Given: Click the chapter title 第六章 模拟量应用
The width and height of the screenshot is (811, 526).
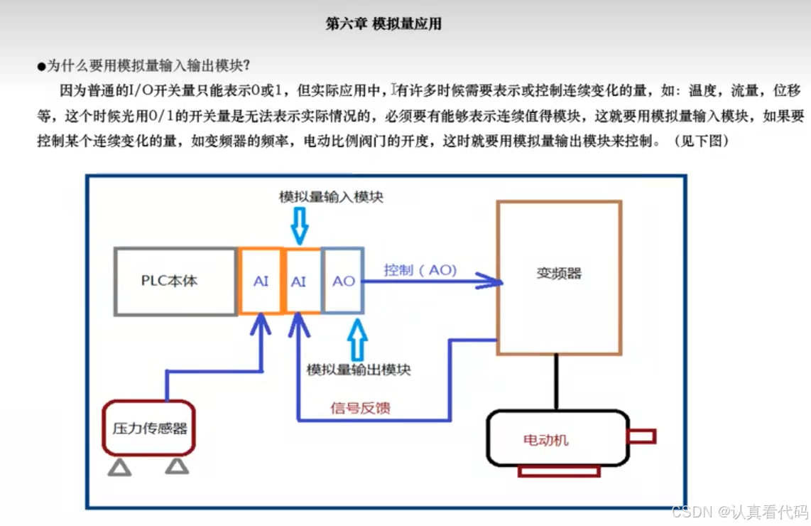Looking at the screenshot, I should (x=383, y=24).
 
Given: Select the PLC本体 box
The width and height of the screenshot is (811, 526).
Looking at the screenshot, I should (x=175, y=281).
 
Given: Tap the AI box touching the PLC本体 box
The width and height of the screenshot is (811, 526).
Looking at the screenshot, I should (x=261, y=281).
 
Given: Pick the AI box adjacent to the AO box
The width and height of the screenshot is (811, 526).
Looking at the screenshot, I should (x=299, y=281).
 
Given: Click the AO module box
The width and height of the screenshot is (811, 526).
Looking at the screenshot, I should (x=344, y=281).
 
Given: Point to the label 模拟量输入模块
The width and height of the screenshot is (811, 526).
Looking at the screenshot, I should (x=331, y=197).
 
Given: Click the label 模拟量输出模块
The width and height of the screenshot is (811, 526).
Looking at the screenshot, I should (x=358, y=370).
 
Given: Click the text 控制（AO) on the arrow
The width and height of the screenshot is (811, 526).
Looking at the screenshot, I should (x=420, y=270).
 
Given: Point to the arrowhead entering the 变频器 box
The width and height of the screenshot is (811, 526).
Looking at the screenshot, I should (x=490, y=281).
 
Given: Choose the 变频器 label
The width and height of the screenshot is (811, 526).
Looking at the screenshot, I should (x=559, y=274).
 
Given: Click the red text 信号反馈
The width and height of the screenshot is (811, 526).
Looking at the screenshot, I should (x=361, y=408).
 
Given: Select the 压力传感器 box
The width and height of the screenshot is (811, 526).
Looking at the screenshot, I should (x=150, y=428).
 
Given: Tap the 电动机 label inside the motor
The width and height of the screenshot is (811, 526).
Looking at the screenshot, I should (x=545, y=440).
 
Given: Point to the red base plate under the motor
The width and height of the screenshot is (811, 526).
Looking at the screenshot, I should (x=559, y=471).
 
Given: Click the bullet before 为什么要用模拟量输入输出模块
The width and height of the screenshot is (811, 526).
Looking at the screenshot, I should (x=41, y=66).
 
